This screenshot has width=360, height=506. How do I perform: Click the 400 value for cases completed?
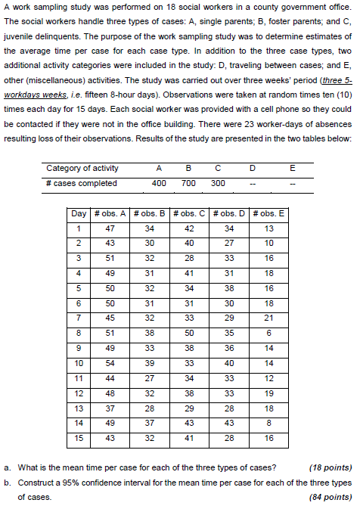pyautogui.click(x=160, y=183)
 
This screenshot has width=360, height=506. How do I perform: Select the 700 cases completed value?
pyautogui.click(x=189, y=183)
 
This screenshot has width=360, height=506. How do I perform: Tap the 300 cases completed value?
pyautogui.click(x=218, y=183)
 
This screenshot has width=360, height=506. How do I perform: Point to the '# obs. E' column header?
pyautogui.click(x=271, y=213)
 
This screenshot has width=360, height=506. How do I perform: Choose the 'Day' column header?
pyautogui.click(x=79, y=213)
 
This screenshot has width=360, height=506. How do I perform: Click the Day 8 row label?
pyautogui.click(x=79, y=331)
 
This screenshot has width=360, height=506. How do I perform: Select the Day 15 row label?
pyautogui.click(x=79, y=436)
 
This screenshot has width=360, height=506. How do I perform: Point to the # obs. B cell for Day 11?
pyautogui.click(x=150, y=377)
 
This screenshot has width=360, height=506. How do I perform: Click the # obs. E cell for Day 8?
pyautogui.click(x=271, y=331)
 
